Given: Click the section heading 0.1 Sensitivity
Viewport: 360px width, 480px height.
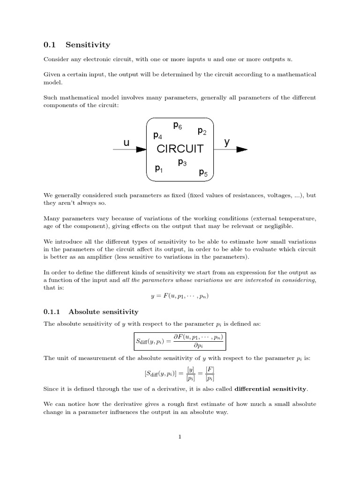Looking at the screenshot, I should coord(77,45).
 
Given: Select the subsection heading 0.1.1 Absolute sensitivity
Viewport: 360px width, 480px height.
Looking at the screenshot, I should coord(91,311).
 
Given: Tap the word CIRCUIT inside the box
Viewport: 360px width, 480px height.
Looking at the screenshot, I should coord(180,149).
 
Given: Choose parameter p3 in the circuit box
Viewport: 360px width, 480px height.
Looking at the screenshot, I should coord(182,162).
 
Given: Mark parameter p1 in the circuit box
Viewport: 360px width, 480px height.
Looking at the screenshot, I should coord(159,168).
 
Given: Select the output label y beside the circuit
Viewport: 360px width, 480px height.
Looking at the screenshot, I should coord(227,142).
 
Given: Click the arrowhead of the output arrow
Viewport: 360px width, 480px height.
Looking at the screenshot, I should coord(241,150).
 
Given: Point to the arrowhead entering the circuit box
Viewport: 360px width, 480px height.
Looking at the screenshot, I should coord(141,150).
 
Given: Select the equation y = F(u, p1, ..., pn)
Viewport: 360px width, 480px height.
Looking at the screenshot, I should coord(180,296).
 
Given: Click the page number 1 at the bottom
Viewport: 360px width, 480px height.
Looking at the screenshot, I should coord(180,437).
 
